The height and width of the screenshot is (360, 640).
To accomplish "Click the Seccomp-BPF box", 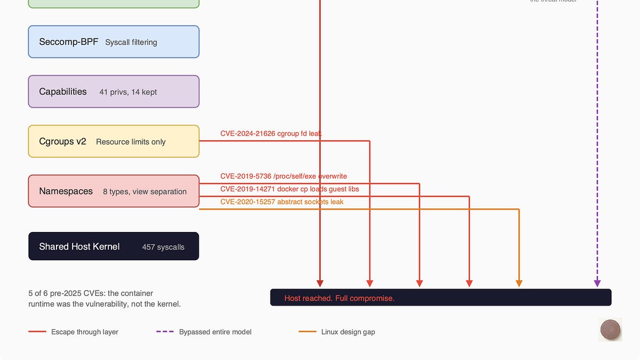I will [x=113, y=42].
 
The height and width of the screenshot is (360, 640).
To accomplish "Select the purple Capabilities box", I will [x=113, y=92].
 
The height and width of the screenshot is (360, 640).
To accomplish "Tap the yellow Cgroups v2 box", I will [x=113, y=141].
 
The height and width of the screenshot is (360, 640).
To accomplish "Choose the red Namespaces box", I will [x=113, y=191].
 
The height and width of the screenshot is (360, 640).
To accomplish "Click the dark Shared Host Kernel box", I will [x=113, y=246].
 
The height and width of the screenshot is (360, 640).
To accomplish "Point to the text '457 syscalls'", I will [x=163, y=247].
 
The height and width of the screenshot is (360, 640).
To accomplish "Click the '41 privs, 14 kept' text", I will [x=128, y=92].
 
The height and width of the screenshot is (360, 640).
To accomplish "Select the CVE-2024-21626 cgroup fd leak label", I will [x=270, y=133].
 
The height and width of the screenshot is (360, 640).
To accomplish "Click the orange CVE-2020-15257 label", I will [x=282, y=202].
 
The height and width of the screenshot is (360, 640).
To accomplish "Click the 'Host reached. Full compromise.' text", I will [x=339, y=298].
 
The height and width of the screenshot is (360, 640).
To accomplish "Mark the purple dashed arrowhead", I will [x=597, y=283].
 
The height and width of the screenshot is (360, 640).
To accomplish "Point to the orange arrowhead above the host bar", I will [x=519, y=283].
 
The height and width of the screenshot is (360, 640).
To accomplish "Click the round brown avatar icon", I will [x=610, y=329].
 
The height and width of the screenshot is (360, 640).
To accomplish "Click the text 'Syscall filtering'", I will [x=131, y=42].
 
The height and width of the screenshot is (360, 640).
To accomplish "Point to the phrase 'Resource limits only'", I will [x=131, y=142].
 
